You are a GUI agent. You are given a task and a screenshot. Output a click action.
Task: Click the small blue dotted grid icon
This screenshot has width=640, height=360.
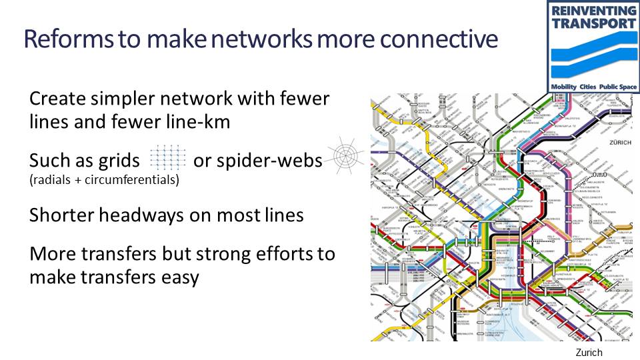[x=168, y=157]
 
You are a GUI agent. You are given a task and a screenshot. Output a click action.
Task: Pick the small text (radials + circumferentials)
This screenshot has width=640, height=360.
[x=104, y=180]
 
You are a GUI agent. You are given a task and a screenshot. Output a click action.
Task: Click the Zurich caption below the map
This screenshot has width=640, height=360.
[x=589, y=352]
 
